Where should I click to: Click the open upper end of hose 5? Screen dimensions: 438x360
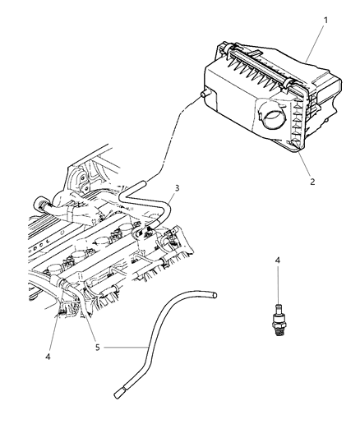coord(213,292)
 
